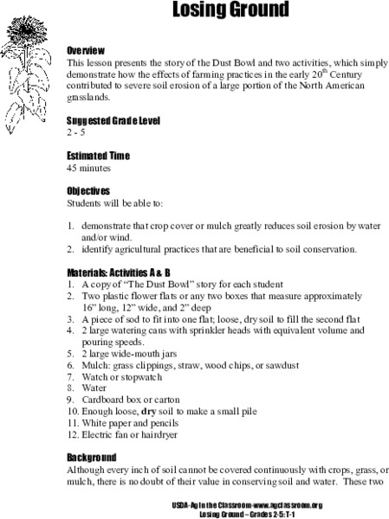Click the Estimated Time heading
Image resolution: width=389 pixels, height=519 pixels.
click(x=98, y=156)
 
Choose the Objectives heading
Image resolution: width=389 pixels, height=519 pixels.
click(x=88, y=190)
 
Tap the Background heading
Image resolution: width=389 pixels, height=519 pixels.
click(x=92, y=456)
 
